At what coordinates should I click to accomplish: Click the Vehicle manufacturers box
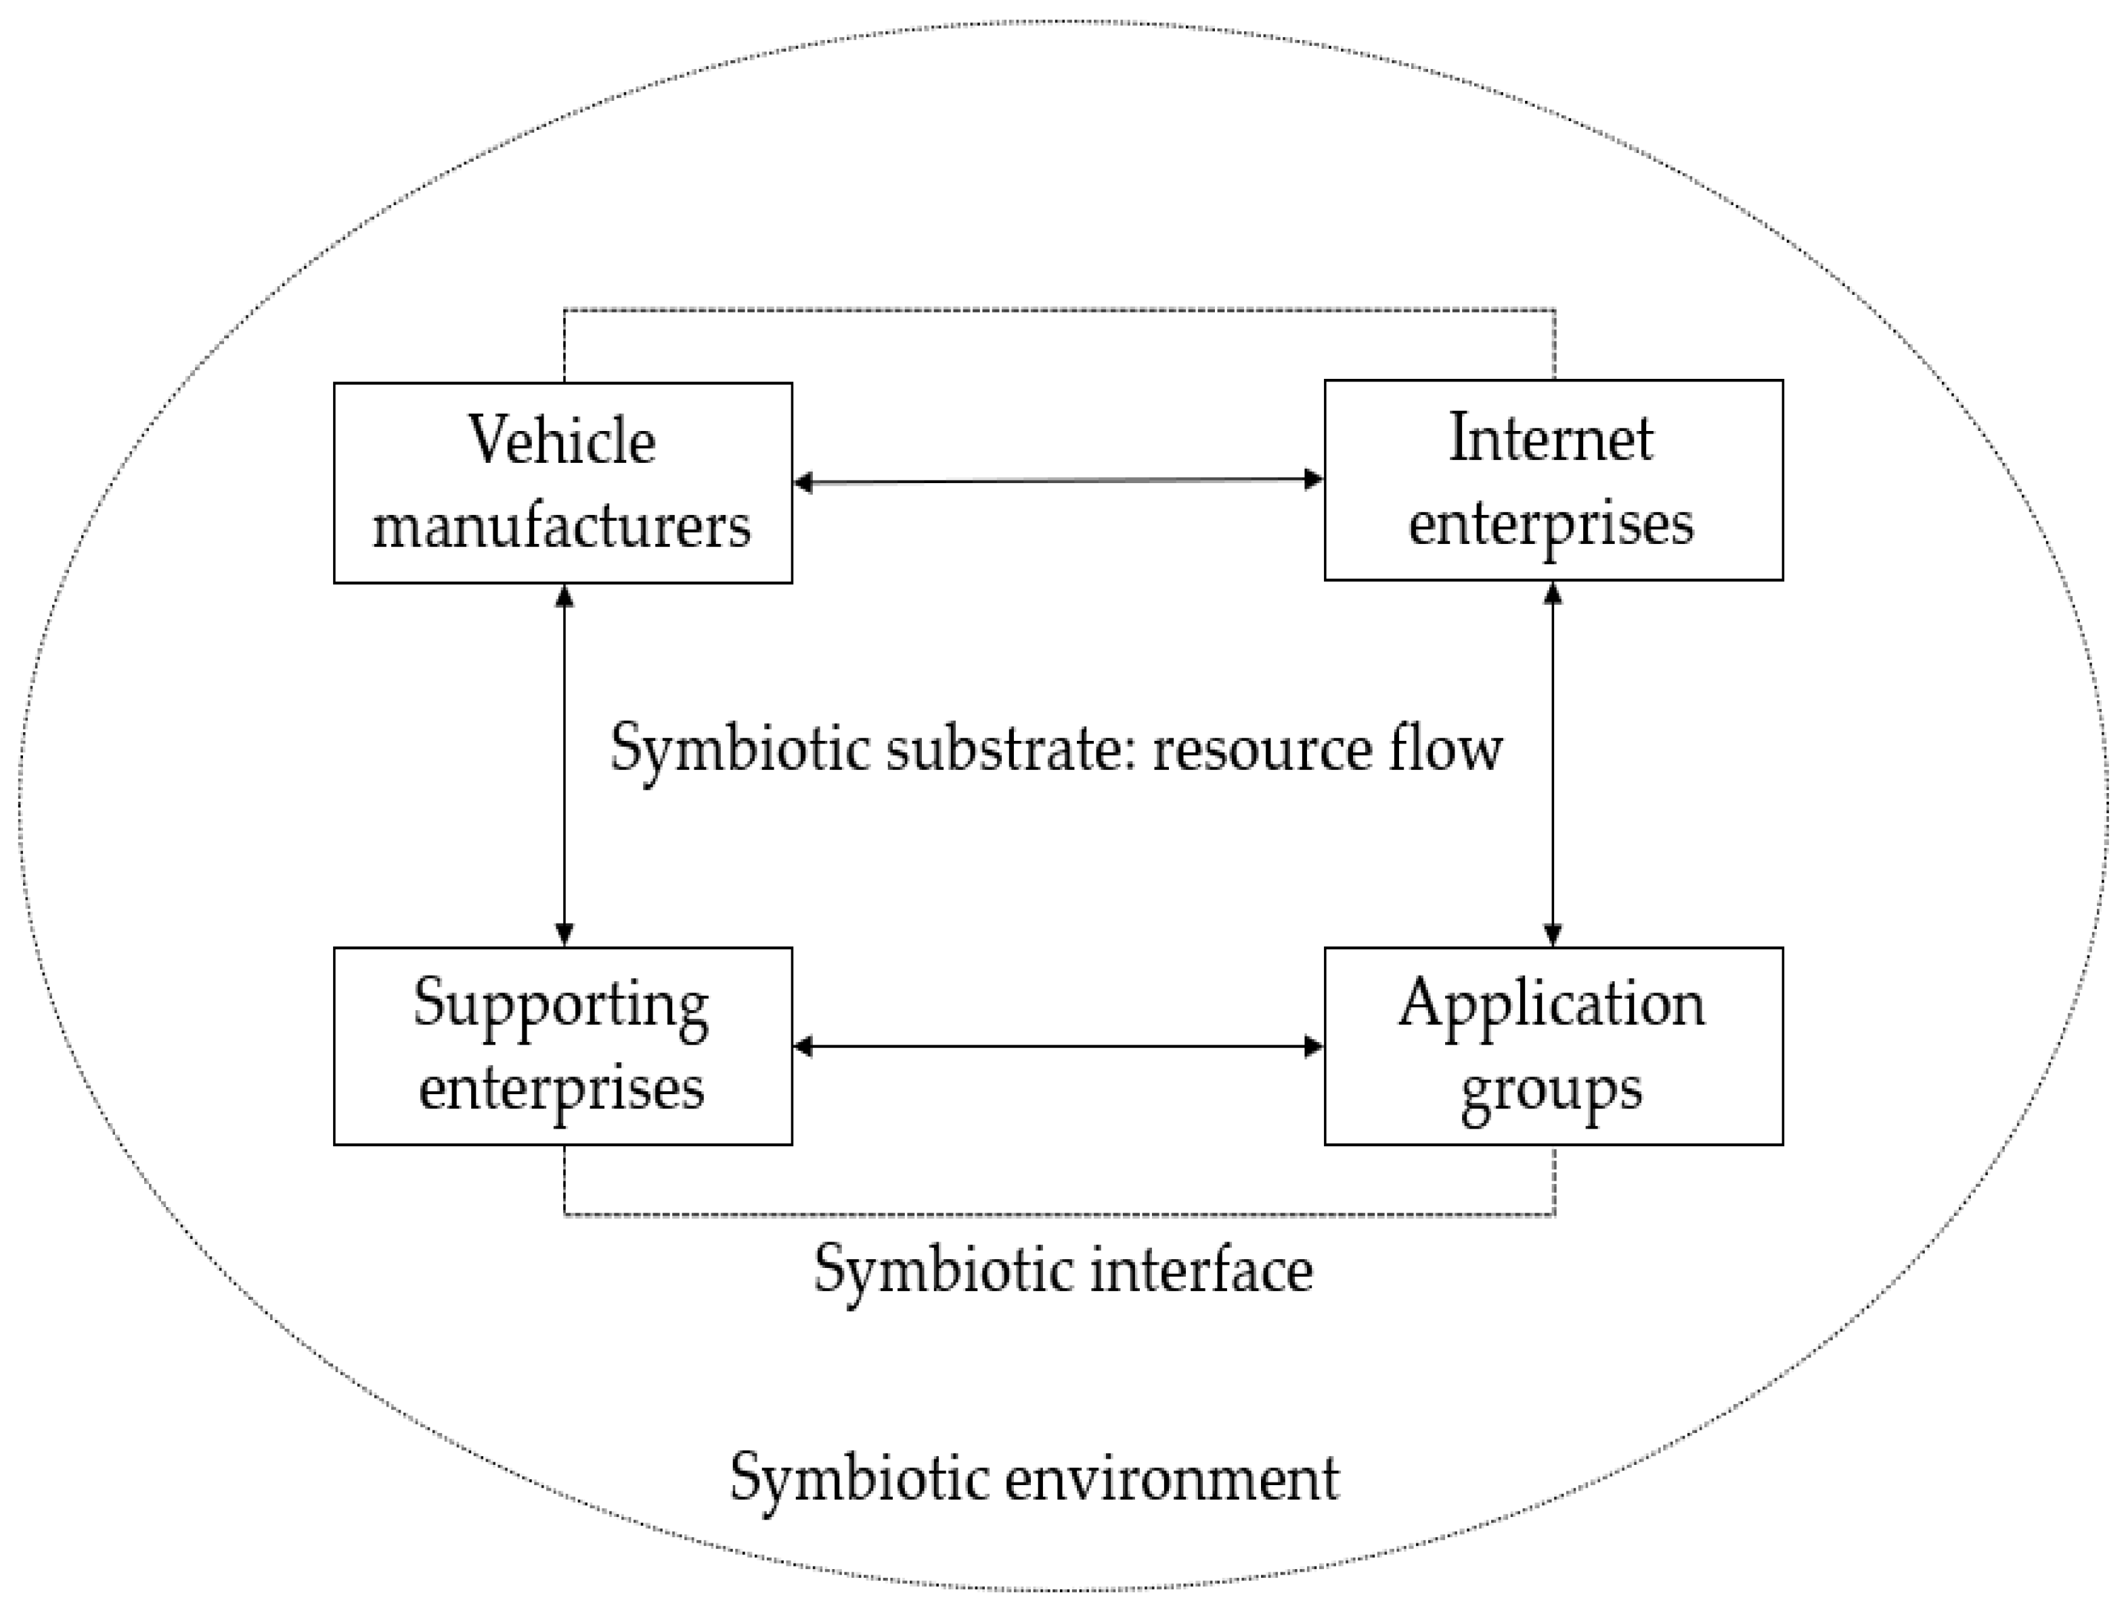562,483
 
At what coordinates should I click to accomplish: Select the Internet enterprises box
1553,480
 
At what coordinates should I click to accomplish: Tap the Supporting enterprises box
562,1047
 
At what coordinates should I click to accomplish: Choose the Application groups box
1553,1047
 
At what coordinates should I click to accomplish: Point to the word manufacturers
562,526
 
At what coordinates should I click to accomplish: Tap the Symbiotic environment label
1034,1478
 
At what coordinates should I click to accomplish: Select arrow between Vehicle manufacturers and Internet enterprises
1058,481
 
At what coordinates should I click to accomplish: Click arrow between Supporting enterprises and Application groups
1058,1047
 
